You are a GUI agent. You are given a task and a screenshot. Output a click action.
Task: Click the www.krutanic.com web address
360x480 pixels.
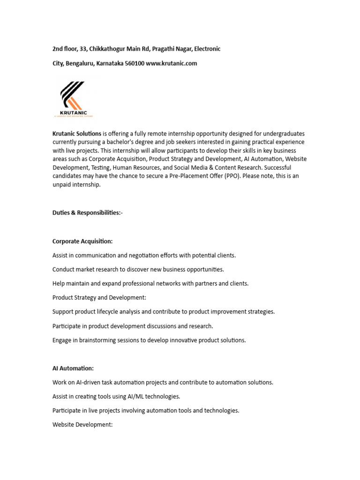tap(172, 63)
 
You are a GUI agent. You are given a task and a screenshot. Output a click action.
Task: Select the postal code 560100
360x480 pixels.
tap(135, 63)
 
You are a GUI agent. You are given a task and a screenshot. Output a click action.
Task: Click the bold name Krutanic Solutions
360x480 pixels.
tap(77, 134)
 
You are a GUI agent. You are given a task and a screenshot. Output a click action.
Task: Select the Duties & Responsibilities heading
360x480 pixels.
tap(87, 212)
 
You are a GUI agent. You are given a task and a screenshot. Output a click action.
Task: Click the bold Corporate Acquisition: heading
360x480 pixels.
tap(82, 241)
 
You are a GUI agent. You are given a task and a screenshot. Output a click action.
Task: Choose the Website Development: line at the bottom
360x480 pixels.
tap(82, 425)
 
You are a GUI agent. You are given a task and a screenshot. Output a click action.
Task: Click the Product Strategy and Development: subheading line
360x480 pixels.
tap(99, 297)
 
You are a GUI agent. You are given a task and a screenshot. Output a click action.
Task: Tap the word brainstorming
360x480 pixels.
tap(97, 340)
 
